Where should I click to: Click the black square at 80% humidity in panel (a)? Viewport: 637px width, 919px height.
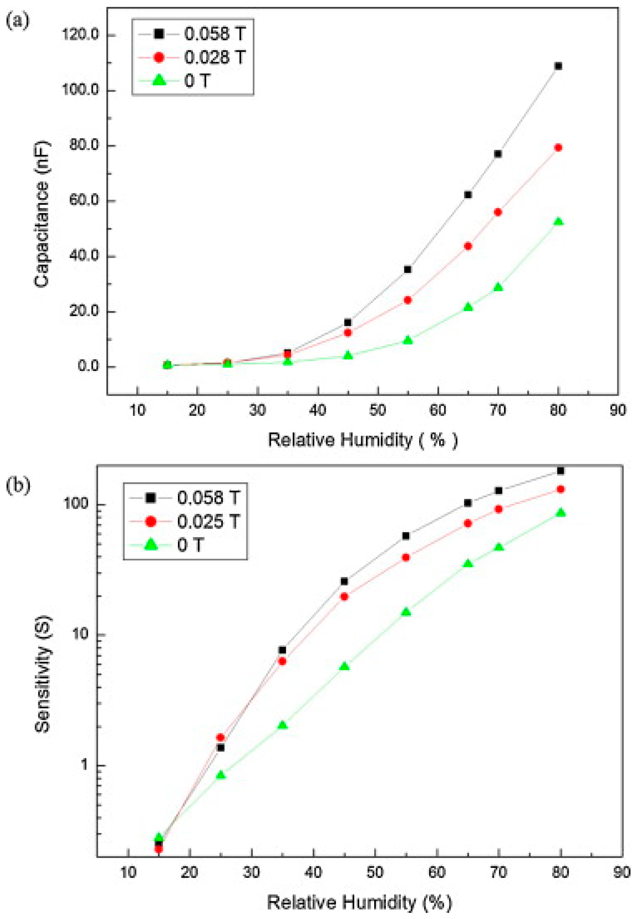[x=558, y=66]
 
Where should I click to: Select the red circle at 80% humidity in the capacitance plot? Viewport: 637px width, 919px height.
[x=558, y=147]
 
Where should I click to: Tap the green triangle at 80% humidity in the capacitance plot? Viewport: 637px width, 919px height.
[x=558, y=222]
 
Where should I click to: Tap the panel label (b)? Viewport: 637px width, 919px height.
[x=18, y=487]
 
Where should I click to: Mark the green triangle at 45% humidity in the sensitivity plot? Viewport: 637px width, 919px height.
[x=344, y=666]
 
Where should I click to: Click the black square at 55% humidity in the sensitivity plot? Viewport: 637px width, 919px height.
[x=405, y=536]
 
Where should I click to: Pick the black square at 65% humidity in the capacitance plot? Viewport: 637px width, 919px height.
[x=468, y=195]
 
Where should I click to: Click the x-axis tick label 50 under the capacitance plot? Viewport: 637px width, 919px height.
[x=378, y=410]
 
